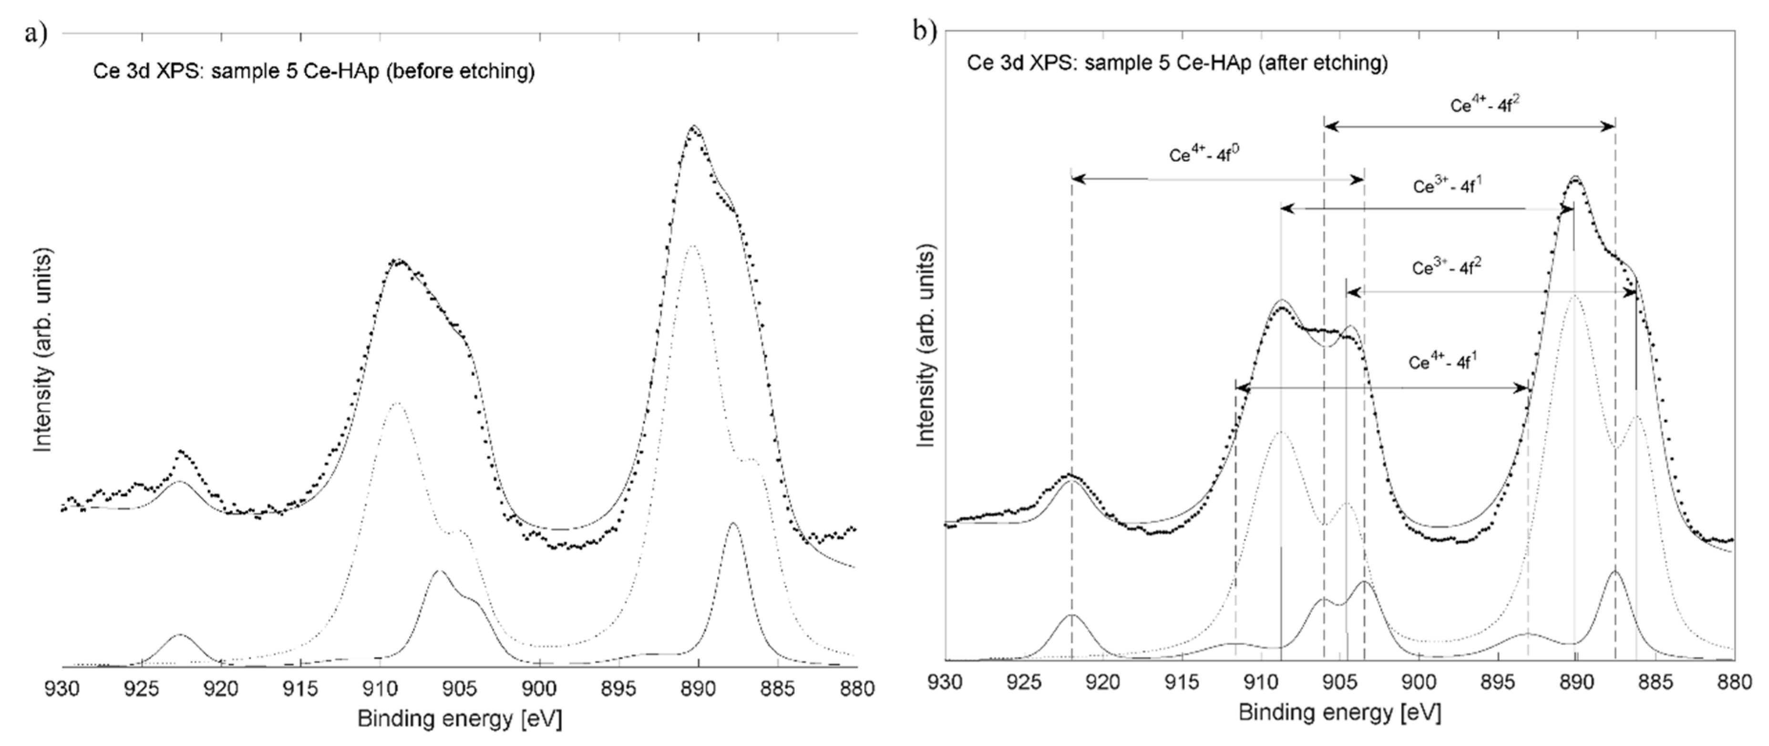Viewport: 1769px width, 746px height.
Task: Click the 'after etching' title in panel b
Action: [x=1177, y=63]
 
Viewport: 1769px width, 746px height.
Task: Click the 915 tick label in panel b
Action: [x=1183, y=684]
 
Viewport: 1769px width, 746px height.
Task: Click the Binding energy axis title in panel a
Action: [x=460, y=719]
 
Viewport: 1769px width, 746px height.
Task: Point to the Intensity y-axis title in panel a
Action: [x=44, y=350]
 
